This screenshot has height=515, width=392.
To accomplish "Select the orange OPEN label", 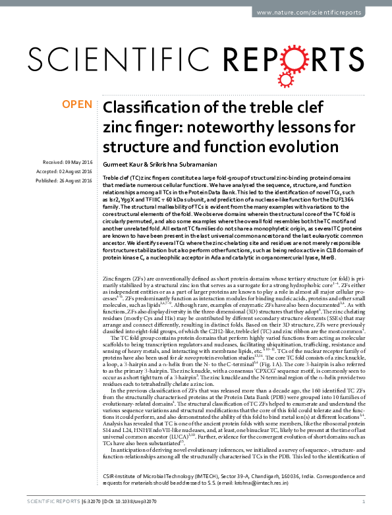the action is (x=76, y=104).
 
